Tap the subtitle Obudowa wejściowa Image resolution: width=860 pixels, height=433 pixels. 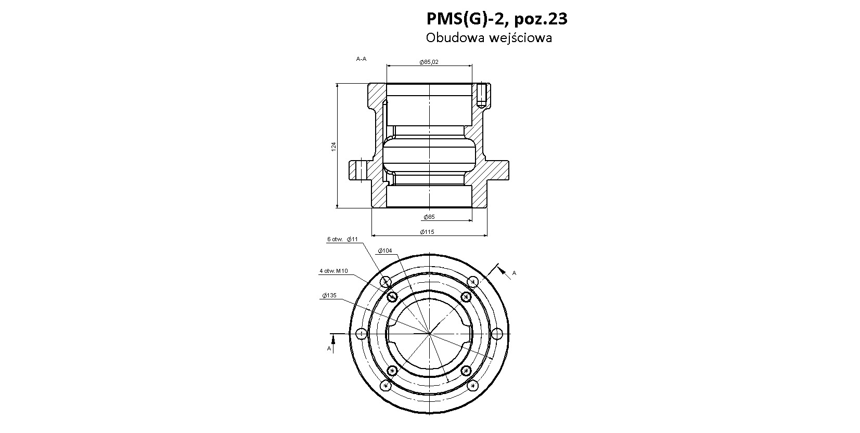pyautogui.click(x=489, y=38)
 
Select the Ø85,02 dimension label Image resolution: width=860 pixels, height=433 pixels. pyautogui.click(x=429, y=62)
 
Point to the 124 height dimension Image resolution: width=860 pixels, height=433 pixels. pyautogui.click(x=333, y=146)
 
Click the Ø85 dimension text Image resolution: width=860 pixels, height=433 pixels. pyautogui.click(x=429, y=217)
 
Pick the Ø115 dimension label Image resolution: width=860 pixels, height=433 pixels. pyautogui.click(x=427, y=232)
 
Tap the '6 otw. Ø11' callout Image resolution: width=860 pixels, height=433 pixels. pyautogui.click(x=342, y=239)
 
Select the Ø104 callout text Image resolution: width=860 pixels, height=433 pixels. pyautogui.click(x=384, y=251)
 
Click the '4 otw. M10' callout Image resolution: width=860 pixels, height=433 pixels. pyautogui.click(x=333, y=271)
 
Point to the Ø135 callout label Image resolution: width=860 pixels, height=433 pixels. pyautogui.click(x=329, y=295)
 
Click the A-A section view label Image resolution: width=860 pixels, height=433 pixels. pyautogui.click(x=361, y=59)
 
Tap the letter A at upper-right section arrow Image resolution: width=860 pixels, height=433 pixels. pyautogui.click(x=515, y=273)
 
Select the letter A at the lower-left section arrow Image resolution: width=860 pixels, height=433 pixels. pyautogui.click(x=329, y=348)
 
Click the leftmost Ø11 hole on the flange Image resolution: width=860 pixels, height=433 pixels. pyautogui.click(x=361, y=334)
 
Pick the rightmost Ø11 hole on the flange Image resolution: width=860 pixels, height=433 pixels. pyautogui.click(x=497, y=334)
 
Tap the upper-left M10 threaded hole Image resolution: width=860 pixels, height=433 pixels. pyautogui.click(x=392, y=296)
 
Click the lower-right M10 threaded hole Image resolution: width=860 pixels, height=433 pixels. pyautogui.click(x=466, y=371)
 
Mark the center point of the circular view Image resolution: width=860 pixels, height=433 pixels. pyautogui.click(x=429, y=334)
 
